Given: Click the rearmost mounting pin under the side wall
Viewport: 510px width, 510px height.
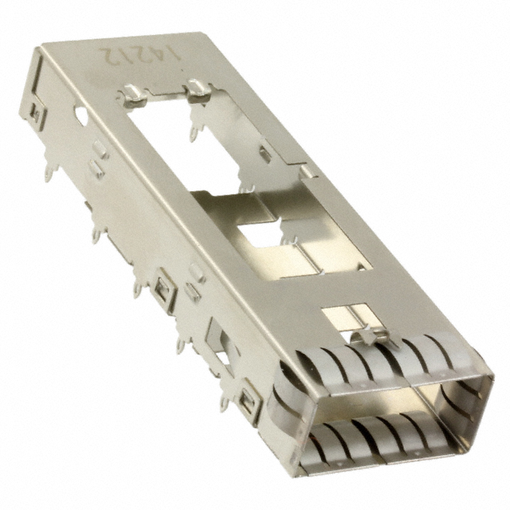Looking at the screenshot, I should [x=50, y=172].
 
